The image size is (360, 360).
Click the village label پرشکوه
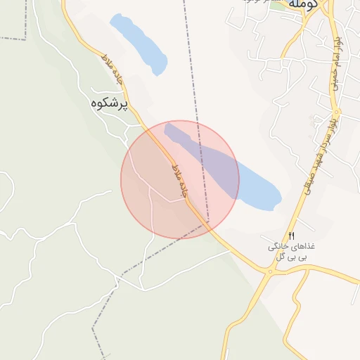pos(109,103)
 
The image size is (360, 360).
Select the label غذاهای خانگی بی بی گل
pos(290,252)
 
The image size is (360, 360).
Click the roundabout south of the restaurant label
pos(270,271)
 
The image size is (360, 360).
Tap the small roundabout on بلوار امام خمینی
pos(335,112)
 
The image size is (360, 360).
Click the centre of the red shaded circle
pos(180,180)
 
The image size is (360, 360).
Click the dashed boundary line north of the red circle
pos(191,70)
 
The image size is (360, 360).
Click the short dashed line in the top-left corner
pos(14,38)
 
